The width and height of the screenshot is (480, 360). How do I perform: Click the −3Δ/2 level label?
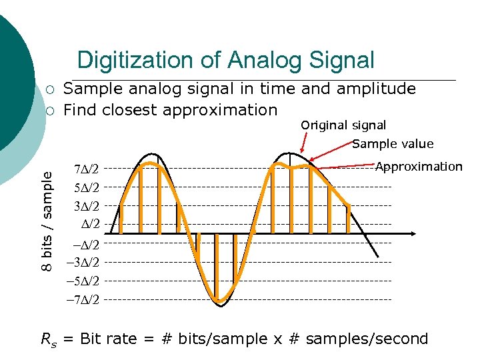click(83, 262)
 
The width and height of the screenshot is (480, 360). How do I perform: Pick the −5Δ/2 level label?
click(83, 281)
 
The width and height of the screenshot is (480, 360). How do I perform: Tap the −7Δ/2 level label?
click(83, 299)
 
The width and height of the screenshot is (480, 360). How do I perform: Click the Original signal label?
click(343, 125)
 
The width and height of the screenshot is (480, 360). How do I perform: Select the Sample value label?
click(393, 144)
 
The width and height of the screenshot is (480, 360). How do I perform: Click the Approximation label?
click(419, 167)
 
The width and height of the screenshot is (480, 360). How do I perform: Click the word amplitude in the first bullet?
click(380, 89)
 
